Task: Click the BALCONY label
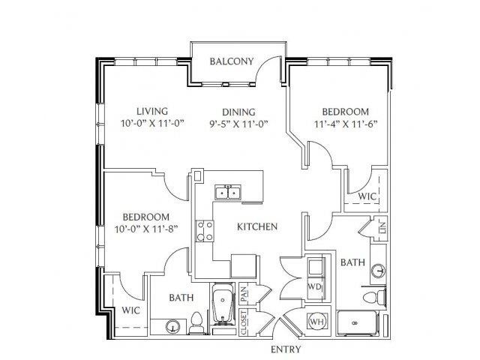(232, 61)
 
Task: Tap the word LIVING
(152, 111)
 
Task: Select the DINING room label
(238, 112)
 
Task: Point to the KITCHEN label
(257, 226)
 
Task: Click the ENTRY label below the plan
(286, 349)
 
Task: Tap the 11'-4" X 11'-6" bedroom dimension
(346, 124)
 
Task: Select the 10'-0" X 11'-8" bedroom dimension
(146, 229)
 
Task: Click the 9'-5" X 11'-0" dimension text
(238, 124)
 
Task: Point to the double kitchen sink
(228, 192)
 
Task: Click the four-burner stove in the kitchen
(205, 231)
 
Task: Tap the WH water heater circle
(317, 322)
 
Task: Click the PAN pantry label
(244, 294)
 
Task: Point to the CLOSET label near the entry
(244, 322)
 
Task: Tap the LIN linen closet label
(383, 228)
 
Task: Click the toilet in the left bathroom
(196, 322)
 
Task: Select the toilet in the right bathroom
(374, 296)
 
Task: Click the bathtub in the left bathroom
(223, 303)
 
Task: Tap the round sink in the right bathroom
(378, 271)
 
